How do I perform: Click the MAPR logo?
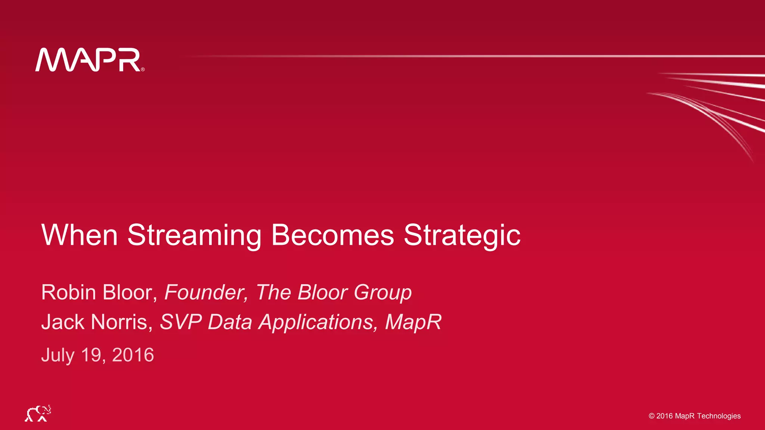coord(88,60)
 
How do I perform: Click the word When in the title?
coord(80,235)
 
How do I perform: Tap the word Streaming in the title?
coord(194,235)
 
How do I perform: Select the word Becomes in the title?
coord(332,235)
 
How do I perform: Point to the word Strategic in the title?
coord(462,235)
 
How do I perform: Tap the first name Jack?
coord(62,322)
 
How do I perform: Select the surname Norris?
coord(122,322)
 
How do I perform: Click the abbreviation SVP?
coord(181,322)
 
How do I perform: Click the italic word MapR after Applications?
coord(413,322)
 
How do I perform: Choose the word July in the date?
coord(58,355)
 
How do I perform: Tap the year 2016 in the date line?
coord(133,355)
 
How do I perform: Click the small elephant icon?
coord(38,413)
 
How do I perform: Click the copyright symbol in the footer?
coord(651,416)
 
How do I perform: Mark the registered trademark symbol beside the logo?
coord(143,69)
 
